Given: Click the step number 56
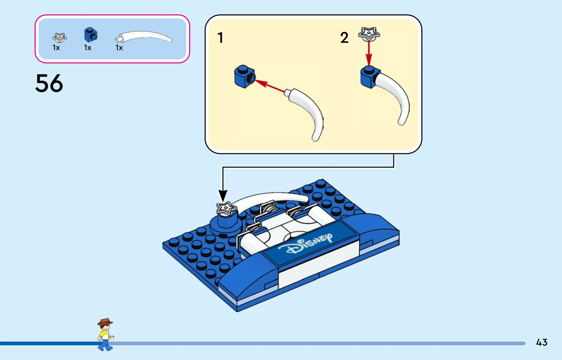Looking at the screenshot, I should [49, 83].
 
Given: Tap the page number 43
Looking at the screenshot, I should [541, 342].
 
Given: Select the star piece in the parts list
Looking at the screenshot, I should [59, 37].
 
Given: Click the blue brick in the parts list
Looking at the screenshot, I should [90, 35].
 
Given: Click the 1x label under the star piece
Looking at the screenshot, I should [56, 48].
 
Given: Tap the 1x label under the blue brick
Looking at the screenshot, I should [88, 48].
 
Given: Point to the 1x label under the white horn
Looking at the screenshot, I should [119, 48].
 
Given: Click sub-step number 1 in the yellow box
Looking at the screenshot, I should [220, 38].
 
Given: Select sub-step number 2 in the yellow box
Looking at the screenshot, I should [344, 38].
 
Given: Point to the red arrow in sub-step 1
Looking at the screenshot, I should [270, 86].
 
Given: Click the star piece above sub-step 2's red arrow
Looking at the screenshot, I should [369, 34].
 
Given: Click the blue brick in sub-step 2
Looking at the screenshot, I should [368, 77].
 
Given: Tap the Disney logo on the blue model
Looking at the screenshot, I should [306, 244].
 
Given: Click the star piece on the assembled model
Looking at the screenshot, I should [226, 209].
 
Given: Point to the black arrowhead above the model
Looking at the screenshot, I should [223, 195].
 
